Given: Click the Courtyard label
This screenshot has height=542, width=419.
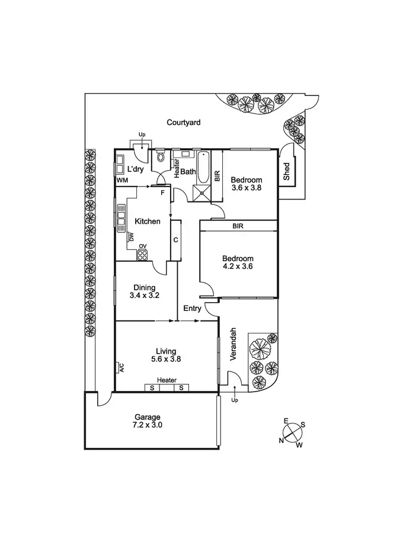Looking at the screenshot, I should coord(183,123).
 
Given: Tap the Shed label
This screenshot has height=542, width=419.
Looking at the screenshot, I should coord(287,172).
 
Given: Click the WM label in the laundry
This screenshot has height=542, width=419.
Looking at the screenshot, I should coord(122,179).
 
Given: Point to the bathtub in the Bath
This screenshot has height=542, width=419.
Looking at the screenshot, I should coord(203,168).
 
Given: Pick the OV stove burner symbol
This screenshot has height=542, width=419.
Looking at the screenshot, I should coord(142,255).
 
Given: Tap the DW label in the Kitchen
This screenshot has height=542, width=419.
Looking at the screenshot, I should coord(132,238).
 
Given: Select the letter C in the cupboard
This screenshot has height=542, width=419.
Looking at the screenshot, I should coord(175,240).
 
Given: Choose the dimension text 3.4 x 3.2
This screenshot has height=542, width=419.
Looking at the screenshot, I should coord(144,295).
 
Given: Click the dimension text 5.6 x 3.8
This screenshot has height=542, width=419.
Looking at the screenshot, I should coord(166,358).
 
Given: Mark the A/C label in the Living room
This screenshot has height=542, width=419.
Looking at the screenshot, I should coord(121,368).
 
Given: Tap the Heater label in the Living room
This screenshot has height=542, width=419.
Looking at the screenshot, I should coord(167,380).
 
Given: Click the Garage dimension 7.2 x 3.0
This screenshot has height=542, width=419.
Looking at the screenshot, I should coord(147,425).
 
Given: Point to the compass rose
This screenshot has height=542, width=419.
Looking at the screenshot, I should coord(292,433).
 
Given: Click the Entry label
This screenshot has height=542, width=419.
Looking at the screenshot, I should coord(192,308).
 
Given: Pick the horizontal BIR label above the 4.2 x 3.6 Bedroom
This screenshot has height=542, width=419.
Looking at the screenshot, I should coord(238,226).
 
